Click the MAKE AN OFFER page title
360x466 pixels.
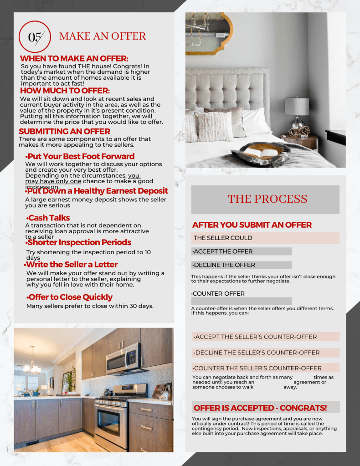(103, 36)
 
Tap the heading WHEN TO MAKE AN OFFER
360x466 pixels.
(74, 59)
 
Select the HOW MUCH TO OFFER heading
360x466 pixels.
(65, 91)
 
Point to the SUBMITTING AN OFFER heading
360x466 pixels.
(65, 132)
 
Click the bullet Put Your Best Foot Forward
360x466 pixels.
(80, 156)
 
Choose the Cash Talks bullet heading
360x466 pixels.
(48, 218)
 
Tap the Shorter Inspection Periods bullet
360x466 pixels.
(79, 242)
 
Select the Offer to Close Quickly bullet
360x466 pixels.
(69, 297)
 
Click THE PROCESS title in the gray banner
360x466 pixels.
(267, 199)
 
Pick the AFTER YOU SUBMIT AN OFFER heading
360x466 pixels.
(252, 225)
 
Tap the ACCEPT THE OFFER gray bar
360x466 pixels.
(242, 251)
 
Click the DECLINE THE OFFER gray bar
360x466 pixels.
(242, 265)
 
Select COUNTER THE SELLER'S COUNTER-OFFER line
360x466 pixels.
(257, 368)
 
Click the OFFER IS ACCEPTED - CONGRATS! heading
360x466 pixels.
(260, 408)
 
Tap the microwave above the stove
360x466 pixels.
(123, 358)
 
